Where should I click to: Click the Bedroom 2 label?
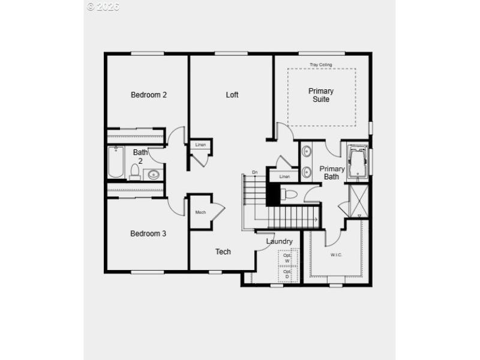point(149,95)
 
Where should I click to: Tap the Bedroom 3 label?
point(148,233)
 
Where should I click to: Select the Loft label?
point(232,95)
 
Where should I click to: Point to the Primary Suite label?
point(321,95)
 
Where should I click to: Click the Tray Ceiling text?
point(321,65)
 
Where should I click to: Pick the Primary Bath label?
point(332,173)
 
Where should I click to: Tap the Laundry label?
point(280,242)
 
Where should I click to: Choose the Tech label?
point(223,252)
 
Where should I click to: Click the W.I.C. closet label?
point(337,255)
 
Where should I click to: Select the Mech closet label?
point(200,212)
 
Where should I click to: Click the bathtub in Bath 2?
point(116,163)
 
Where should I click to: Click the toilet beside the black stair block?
point(289,194)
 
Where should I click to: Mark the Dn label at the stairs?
point(254,173)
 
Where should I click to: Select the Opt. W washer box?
point(287,258)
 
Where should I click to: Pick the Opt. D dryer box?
point(287,274)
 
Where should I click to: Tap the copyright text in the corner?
point(103,7)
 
